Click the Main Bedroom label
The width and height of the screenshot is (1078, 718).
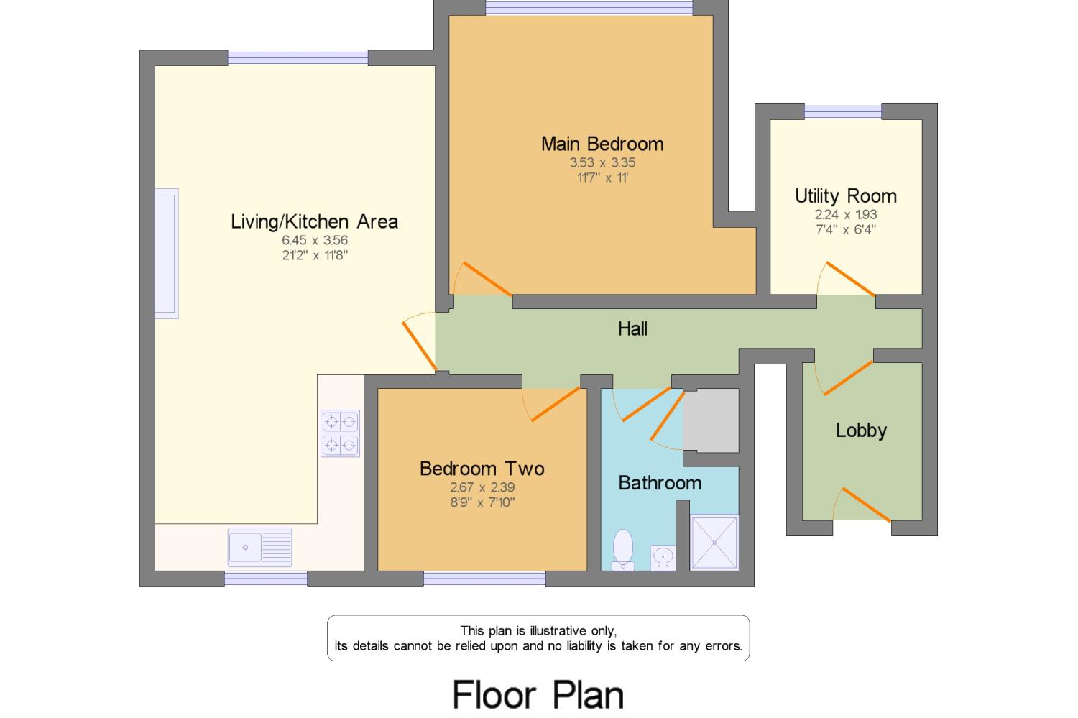pos(602,144)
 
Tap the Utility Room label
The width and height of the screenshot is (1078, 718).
pos(845,195)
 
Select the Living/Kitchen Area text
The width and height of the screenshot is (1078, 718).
pos(314,221)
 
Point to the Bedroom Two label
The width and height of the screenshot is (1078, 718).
pos(482,469)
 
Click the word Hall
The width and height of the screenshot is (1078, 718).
pos(632,329)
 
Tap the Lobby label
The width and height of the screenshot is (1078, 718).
pos(861,431)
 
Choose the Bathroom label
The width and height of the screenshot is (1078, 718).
pos(660,482)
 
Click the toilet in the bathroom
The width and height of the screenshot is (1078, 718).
pos(622,550)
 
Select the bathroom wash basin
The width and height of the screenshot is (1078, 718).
pos(663,556)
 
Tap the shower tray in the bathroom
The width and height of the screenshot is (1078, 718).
pos(714,543)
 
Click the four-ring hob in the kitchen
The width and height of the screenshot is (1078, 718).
pos(340,433)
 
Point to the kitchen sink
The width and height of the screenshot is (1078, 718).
pos(259,547)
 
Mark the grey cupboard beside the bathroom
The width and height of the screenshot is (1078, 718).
pos(710,420)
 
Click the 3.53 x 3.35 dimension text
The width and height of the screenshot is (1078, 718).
pos(602,163)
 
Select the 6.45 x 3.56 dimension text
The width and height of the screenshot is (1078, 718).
pos(315,240)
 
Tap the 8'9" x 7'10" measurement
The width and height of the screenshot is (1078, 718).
pos(482,502)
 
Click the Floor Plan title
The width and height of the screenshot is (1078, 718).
pos(538,695)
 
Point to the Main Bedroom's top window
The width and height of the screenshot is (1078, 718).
pos(589,8)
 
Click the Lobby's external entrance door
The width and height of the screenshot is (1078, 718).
pos(865,505)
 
